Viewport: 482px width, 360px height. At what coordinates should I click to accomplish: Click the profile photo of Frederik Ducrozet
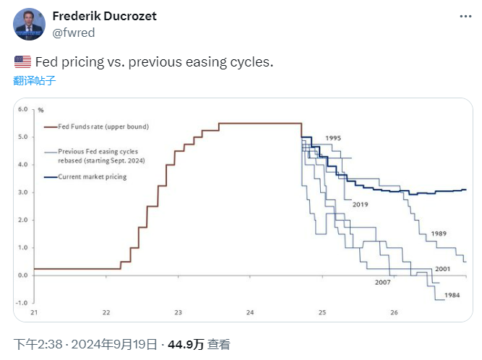[x=29, y=25]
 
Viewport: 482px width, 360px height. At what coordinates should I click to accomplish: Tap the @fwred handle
[x=74, y=33]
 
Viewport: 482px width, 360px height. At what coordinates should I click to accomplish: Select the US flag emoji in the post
[x=22, y=62]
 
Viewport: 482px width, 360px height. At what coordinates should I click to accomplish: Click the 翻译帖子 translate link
[x=35, y=80]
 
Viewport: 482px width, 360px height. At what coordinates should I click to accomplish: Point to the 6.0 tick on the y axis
[x=22, y=110]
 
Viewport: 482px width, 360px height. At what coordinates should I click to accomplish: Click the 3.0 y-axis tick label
[x=22, y=192]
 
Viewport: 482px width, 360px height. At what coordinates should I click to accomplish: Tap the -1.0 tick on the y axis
[x=22, y=303]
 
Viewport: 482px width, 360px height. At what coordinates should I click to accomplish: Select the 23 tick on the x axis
[x=178, y=313]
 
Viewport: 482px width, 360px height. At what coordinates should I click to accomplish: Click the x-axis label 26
[x=394, y=313]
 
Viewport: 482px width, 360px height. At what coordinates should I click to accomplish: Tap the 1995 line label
[x=333, y=137]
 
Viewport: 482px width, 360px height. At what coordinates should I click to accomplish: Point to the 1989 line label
[x=439, y=234]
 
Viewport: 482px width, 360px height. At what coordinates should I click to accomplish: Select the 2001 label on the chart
[x=442, y=270]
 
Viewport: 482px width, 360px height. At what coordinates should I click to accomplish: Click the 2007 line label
[x=382, y=282]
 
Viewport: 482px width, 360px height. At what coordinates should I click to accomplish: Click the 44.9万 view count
[x=186, y=344]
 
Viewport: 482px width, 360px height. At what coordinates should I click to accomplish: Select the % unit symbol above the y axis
[x=41, y=110]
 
